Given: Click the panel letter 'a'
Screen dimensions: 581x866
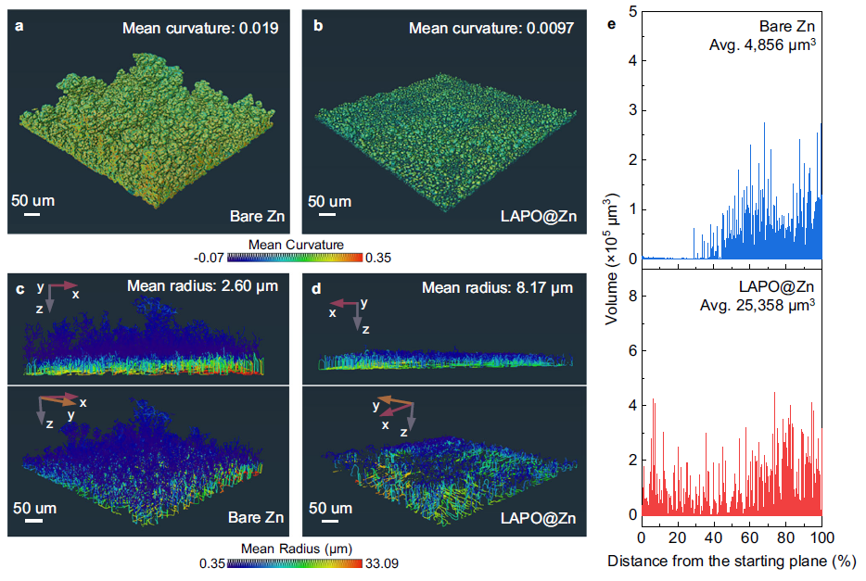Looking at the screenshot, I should (18, 26).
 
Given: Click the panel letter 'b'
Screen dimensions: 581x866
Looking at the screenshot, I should (317, 26).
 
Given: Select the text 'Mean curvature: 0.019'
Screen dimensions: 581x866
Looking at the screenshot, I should (200, 30).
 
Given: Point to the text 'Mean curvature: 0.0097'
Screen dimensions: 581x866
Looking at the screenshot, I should (492, 30).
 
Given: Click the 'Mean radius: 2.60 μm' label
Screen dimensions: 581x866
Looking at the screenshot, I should (201, 288).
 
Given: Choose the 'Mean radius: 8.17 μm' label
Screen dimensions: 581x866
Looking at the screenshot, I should (497, 288).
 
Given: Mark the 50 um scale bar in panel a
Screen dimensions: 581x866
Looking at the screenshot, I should (31, 214).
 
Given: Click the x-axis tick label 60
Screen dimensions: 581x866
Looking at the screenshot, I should (750, 537).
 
